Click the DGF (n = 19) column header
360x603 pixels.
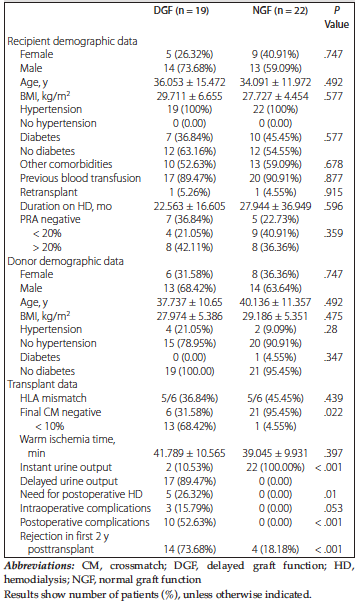(181, 11)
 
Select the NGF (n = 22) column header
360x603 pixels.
(280, 11)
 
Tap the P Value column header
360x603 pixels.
(337, 18)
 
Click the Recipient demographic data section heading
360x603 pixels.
(72, 41)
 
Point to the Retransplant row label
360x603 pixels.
(48, 192)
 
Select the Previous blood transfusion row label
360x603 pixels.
(80, 178)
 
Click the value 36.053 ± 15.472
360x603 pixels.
(190, 82)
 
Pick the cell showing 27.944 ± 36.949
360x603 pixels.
(275, 206)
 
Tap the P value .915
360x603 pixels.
(333, 192)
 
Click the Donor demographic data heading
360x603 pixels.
(65, 261)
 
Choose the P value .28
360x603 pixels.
(331, 329)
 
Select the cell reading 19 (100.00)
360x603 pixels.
(189, 371)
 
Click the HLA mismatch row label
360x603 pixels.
(53, 398)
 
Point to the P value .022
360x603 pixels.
(333, 412)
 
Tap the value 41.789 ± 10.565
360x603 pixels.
(189, 453)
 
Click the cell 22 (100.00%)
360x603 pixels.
(275, 467)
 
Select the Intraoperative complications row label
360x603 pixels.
(85, 508)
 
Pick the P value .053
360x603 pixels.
(333, 508)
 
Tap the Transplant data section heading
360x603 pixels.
(42, 384)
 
